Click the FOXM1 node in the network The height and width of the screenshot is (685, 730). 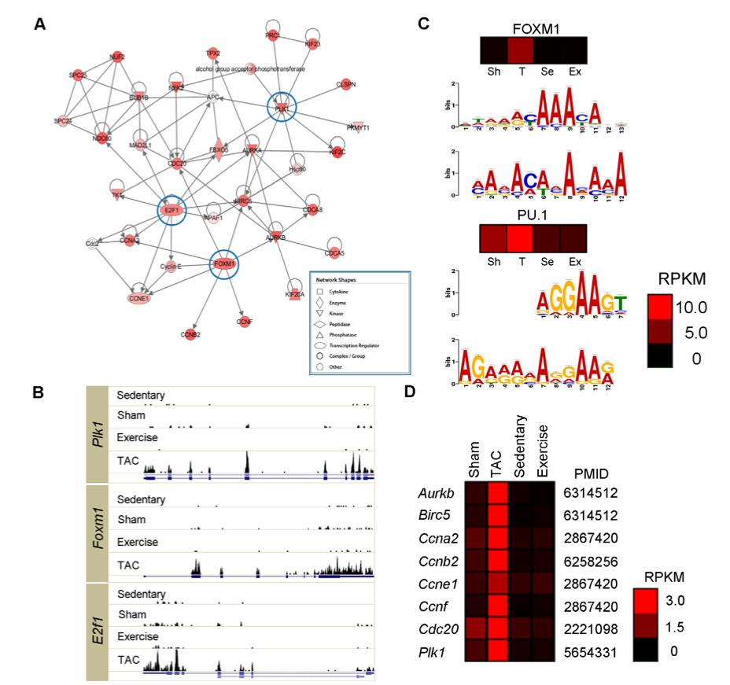(224, 263)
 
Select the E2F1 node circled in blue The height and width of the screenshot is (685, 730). (171, 210)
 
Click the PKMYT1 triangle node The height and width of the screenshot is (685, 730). (359, 127)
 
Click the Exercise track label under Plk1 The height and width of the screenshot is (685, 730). (138, 436)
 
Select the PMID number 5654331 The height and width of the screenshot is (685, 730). (590, 653)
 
